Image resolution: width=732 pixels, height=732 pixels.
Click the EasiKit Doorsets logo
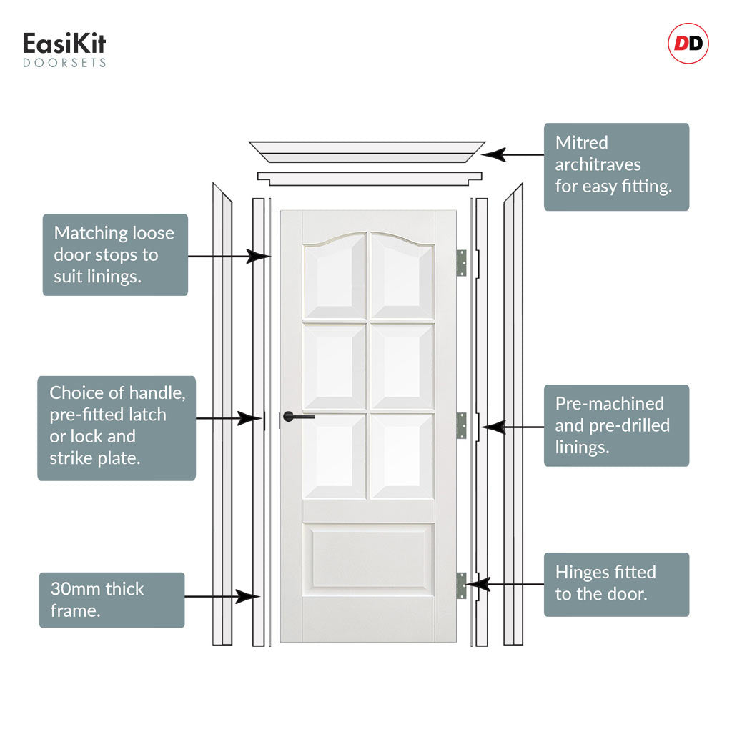(x=64, y=49)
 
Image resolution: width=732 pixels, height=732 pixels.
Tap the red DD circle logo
(x=688, y=44)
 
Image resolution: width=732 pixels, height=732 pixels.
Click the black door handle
(x=297, y=417)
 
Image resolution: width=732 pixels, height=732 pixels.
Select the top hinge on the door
(x=461, y=263)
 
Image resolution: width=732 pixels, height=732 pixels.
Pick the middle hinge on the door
(x=461, y=425)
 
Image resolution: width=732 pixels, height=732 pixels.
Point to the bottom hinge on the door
(x=461, y=585)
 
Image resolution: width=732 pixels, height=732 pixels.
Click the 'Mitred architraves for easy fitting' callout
(x=616, y=167)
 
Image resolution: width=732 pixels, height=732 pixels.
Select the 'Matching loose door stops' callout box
(x=115, y=254)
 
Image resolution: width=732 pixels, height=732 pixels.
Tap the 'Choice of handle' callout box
(x=117, y=427)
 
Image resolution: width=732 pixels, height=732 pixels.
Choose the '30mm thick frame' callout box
(x=112, y=600)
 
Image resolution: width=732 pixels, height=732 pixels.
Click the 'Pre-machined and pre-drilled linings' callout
(x=616, y=425)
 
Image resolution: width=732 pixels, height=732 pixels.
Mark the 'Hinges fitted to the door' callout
(x=616, y=584)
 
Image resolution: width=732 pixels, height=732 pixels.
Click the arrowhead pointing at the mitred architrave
(x=493, y=154)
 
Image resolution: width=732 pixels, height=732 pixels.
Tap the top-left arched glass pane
(x=335, y=277)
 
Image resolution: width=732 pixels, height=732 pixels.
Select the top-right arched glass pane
(x=402, y=277)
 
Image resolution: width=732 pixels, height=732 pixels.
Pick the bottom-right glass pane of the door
(x=402, y=456)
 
